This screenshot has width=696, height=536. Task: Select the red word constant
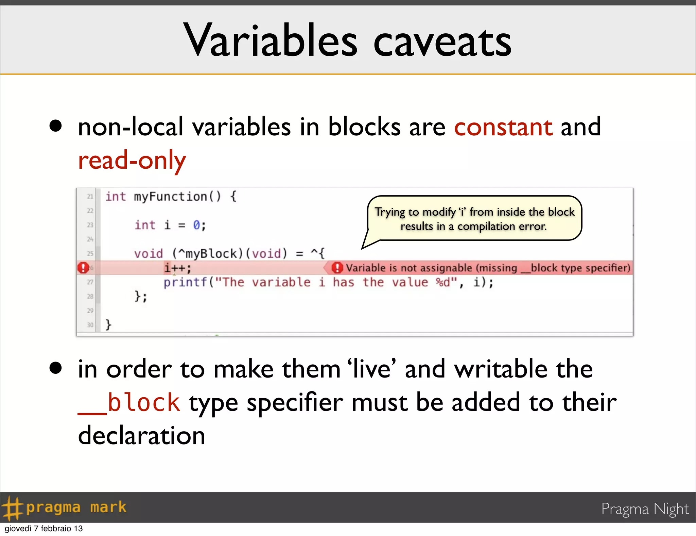[503, 127]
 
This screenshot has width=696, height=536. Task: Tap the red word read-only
[132, 161]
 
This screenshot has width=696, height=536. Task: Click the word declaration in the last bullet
[141, 436]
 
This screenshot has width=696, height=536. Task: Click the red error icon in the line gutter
[83, 268]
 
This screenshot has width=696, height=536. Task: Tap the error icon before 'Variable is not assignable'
[337, 268]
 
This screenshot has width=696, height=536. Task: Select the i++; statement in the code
[177, 268]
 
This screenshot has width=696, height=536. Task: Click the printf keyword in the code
[185, 282]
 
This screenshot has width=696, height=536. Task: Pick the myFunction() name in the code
[177, 197]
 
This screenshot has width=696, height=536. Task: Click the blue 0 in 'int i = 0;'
[196, 225]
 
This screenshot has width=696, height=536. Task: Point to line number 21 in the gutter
[90, 197]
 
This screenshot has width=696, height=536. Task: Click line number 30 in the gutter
[90, 325]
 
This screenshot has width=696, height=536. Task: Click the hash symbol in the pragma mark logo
[12, 508]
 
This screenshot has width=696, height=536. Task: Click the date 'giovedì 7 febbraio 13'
[43, 529]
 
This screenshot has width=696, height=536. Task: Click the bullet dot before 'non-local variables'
[55, 126]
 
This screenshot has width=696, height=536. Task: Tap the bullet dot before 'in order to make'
[55, 368]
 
